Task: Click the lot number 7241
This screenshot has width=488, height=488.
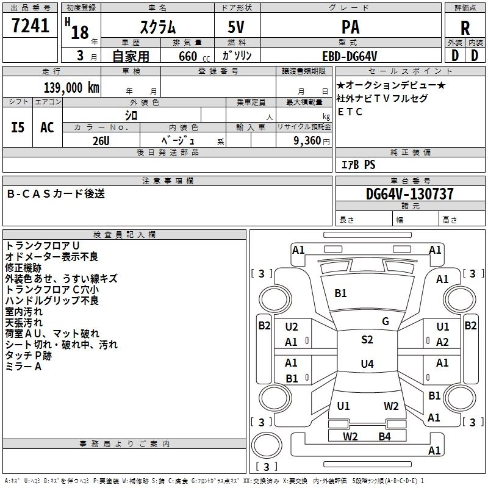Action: [x=30, y=26]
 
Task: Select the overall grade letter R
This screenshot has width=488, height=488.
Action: [x=465, y=27]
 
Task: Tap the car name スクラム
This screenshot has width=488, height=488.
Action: [x=158, y=27]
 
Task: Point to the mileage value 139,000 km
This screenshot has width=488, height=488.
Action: [x=71, y=87]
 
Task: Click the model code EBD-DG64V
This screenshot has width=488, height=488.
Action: [x=350, y=56]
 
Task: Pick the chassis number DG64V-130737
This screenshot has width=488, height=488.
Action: [x=409, y=193]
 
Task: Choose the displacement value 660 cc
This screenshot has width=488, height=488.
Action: [x=194, y=56]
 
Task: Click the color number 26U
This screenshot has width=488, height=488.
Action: [x=101, y=141]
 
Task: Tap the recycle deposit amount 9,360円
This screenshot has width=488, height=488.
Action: [x=312, y=141]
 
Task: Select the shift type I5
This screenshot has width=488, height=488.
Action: [x=18, y=127]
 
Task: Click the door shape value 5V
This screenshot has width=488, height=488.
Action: [x=236, y=27]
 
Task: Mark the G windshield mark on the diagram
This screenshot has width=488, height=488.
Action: [x=386, y=321]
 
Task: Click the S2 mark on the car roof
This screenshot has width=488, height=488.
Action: [x=367, y=339]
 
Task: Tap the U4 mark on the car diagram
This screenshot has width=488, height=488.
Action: [x=367, y=364]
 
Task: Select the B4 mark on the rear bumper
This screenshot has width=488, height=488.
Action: [x=385, y=436]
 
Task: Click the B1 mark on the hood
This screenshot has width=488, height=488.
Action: [x=340, y=293]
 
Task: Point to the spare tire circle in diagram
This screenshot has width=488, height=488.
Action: [x=267, y=445]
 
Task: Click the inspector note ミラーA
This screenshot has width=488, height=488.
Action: [x=23, y=367]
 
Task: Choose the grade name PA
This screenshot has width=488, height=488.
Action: [x=350, y=27]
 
